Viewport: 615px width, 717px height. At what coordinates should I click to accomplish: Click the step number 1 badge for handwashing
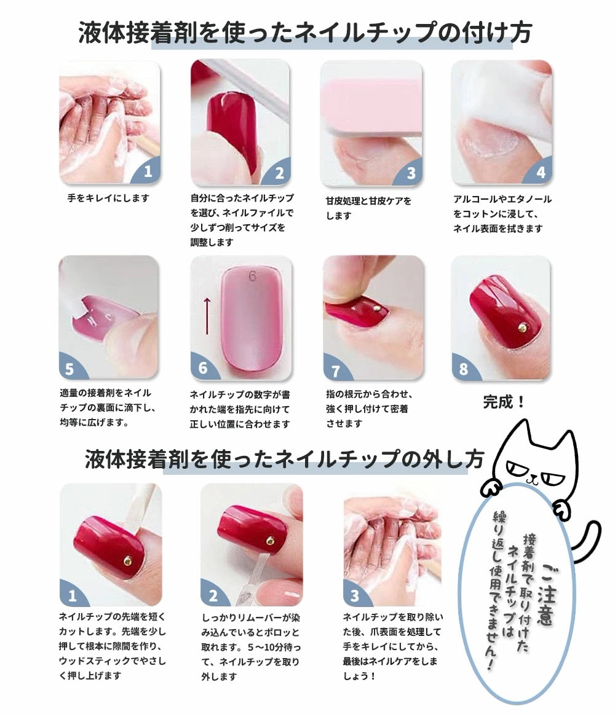coord(148,171)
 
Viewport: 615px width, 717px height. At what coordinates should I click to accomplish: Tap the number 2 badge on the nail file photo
coord(280,173)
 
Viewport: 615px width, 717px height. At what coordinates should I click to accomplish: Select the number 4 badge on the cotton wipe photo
coord(541,173)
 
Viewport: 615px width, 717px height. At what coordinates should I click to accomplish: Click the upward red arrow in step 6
coord(207,316)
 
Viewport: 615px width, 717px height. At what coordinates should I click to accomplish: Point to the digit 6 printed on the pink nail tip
coord(253,276)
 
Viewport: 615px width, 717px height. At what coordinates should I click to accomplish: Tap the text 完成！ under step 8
coord(504,402)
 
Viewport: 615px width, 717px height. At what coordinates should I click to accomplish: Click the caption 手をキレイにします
coord(108,198)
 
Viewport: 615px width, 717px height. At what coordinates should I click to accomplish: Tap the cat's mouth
coord(531,480)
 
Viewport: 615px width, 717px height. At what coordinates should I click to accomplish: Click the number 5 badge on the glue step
coord(69,369)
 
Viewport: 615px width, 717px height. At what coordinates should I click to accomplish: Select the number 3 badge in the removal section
coord(355,595)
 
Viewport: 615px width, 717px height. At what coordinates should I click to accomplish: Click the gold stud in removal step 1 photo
coord(128,560)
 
